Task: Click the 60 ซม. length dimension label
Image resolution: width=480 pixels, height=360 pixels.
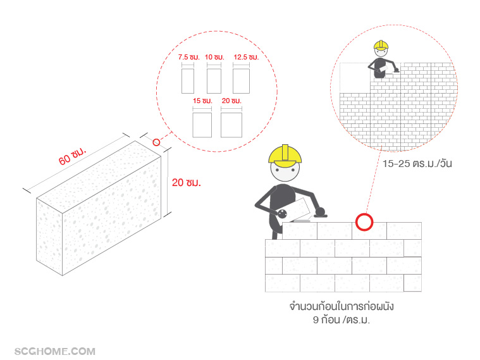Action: pos(73,156)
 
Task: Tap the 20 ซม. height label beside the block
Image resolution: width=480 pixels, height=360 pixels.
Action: pos(187,183)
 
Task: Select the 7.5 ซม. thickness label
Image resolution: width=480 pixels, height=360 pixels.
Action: pos(189,57)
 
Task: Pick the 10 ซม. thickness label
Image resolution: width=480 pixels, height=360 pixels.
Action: pos(214,57)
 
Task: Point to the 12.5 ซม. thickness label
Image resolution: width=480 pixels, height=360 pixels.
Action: pos(246,57)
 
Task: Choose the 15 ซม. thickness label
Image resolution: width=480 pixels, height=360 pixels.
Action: pos(202,101)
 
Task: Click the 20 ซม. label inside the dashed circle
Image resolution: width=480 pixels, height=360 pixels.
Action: pos(231,101)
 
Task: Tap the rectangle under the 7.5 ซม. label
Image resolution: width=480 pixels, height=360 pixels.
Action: pos(188,81)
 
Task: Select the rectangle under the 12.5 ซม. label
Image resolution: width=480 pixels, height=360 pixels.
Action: pos(241,81)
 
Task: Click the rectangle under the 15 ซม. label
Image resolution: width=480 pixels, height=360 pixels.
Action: pos(202,125)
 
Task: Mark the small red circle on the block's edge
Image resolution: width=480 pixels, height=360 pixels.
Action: pos(156,142)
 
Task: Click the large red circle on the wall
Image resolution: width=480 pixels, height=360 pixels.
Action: pos(364,222)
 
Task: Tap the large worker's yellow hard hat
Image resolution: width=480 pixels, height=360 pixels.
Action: pos(285,156)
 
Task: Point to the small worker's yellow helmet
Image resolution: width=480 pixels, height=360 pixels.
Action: pos(381,46)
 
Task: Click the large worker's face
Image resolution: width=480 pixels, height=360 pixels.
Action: pos(285,171)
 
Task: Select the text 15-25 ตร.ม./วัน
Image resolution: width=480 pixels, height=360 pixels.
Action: pos(417,163)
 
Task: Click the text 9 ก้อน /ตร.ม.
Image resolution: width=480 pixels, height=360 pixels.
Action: pos(342,320)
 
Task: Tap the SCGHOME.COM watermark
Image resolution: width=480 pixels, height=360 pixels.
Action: pos(55,351)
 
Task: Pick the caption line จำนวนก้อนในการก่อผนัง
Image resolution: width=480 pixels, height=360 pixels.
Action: pos(342,306)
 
